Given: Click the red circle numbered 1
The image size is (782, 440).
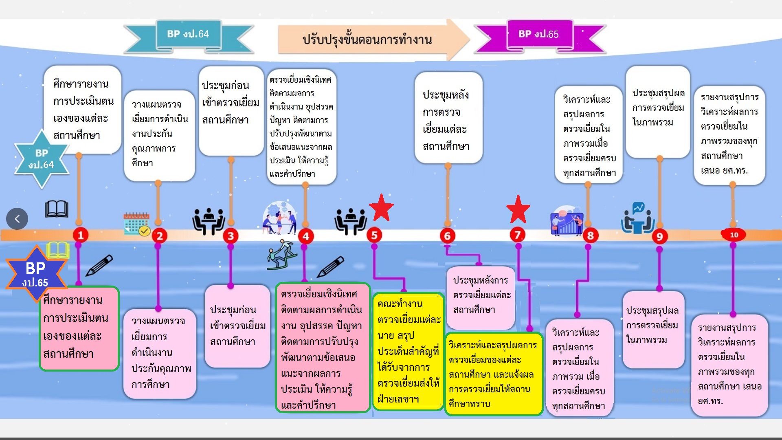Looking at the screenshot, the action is (81, 235).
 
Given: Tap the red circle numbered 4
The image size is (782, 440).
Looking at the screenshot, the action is (306, 236).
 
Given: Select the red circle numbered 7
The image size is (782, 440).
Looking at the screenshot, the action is (518, 235).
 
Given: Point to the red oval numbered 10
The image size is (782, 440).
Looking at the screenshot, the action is (733, 235).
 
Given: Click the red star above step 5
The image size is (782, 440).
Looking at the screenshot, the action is (381, 208).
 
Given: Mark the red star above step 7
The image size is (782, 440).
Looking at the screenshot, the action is (518, 209).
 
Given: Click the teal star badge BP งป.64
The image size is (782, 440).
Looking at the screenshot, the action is (41, 159).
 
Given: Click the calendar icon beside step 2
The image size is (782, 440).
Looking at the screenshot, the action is (137, 224).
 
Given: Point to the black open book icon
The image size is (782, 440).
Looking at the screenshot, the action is (57, 209).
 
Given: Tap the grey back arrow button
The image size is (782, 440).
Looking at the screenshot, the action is (17, 219).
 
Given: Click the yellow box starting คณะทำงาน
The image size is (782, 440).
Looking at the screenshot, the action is (408, 352).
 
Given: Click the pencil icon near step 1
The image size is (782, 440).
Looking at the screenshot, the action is (99, 266).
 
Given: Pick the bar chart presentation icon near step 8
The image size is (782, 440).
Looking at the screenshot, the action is (567, 220).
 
